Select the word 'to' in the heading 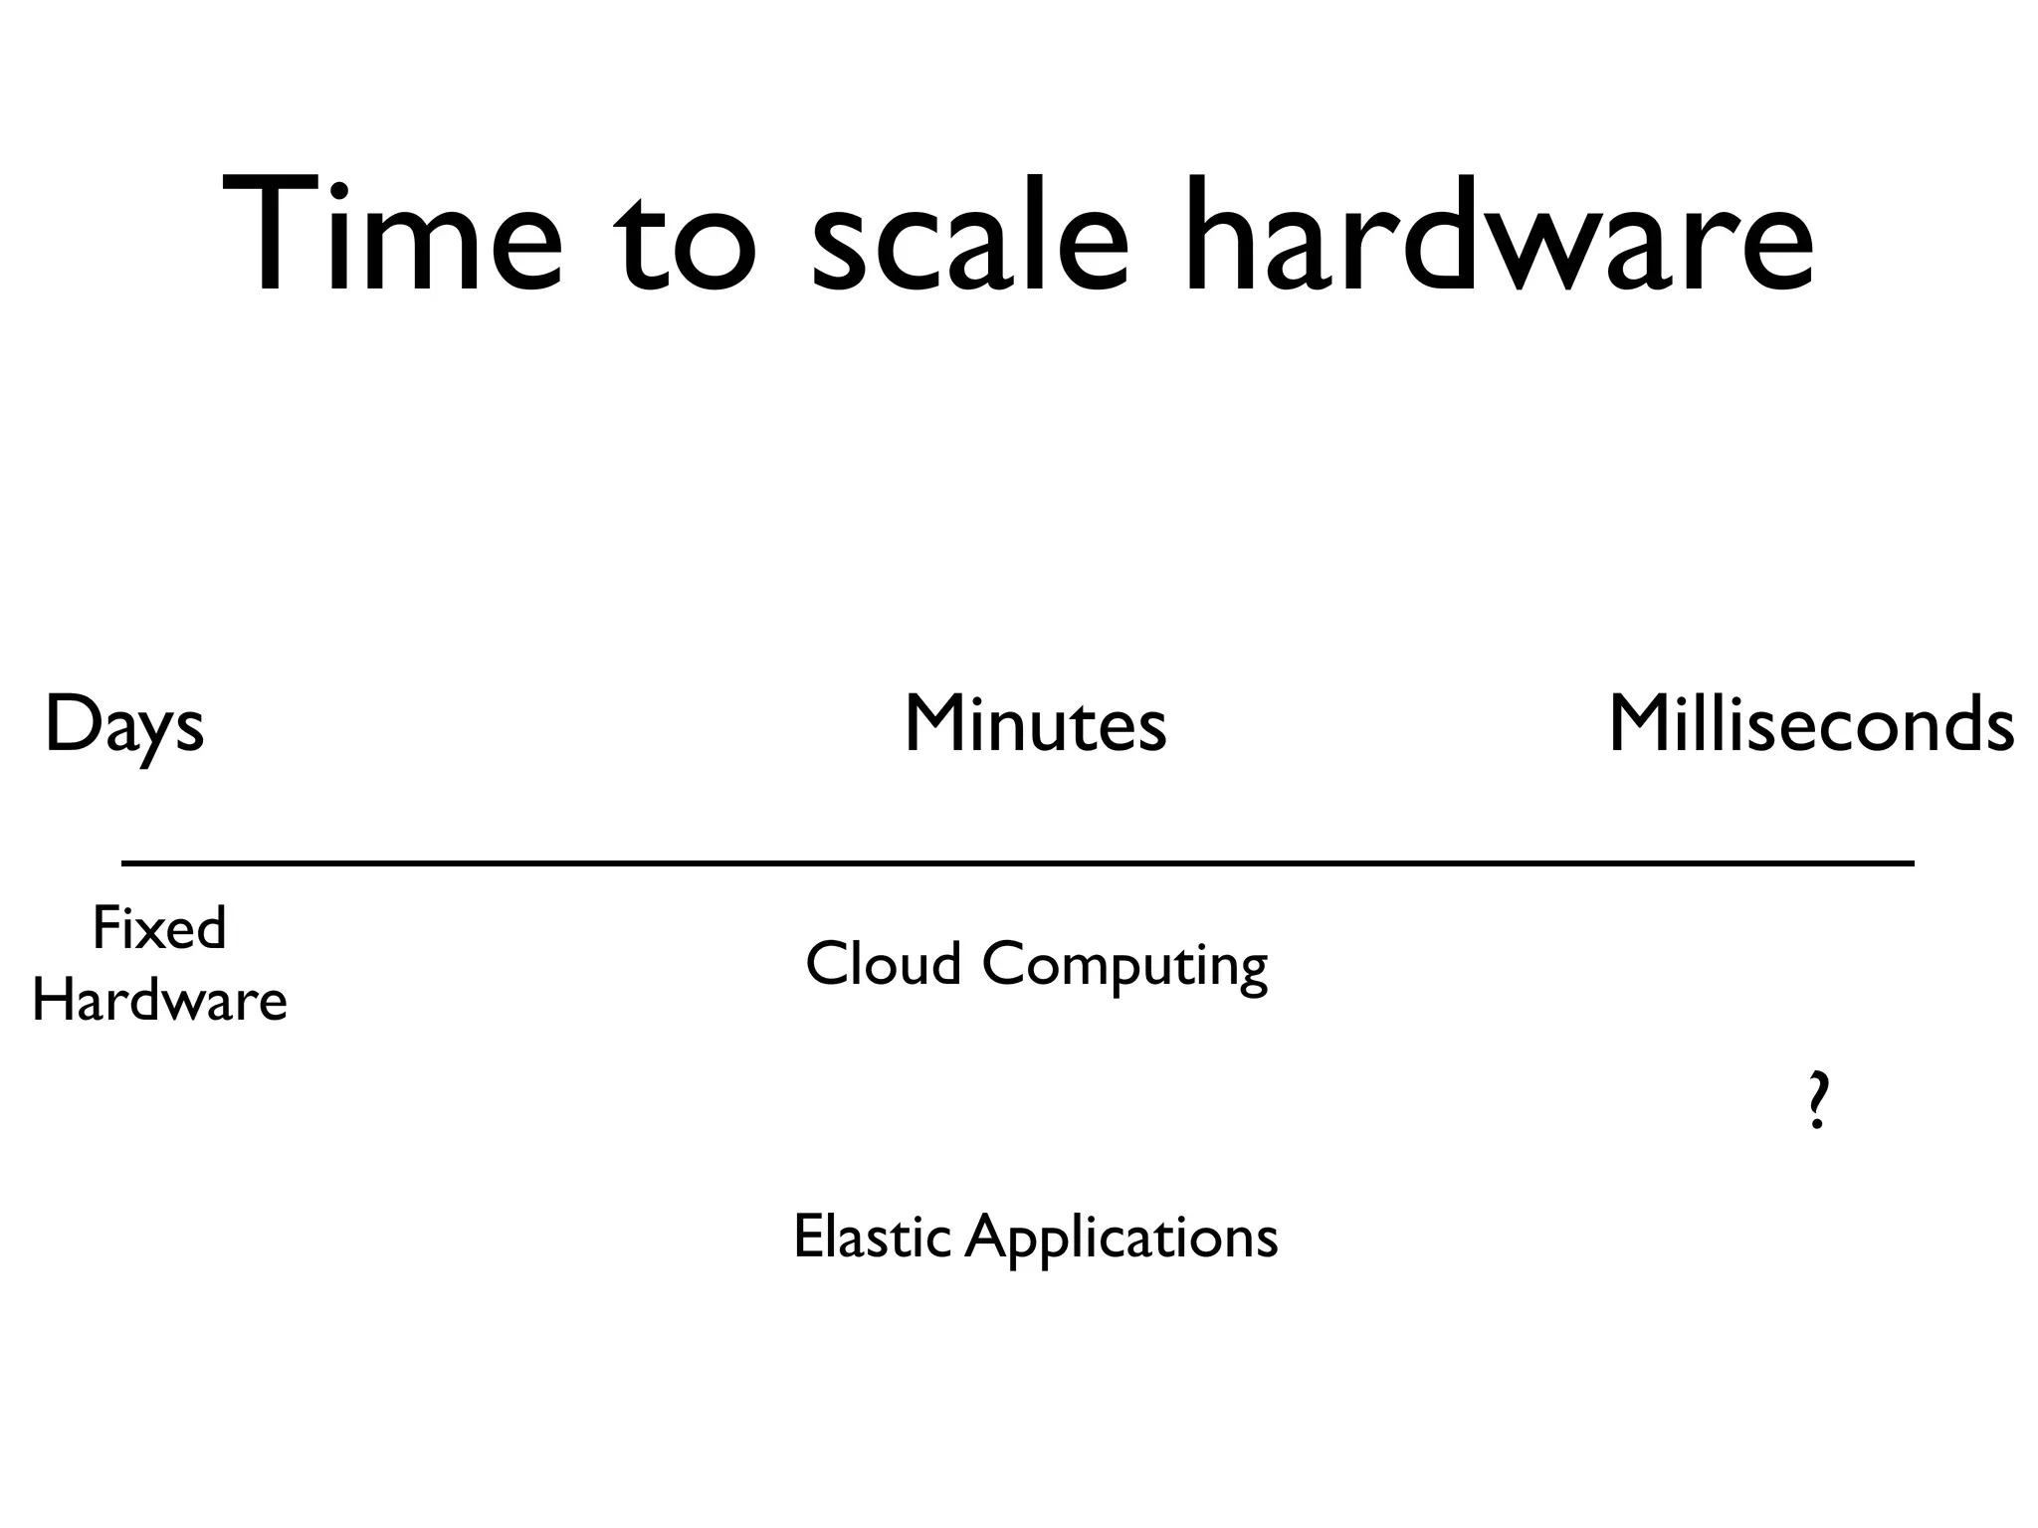[x=684, y=244]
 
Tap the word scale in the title [x=970, y=239]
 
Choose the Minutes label [x=1035, y=724]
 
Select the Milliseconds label [x=1811, y=724]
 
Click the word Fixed [x=159, y=928]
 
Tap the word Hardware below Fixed [x=159, y=1000]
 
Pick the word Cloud [x=883, y=964]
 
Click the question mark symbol [x=1817, y=1100]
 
